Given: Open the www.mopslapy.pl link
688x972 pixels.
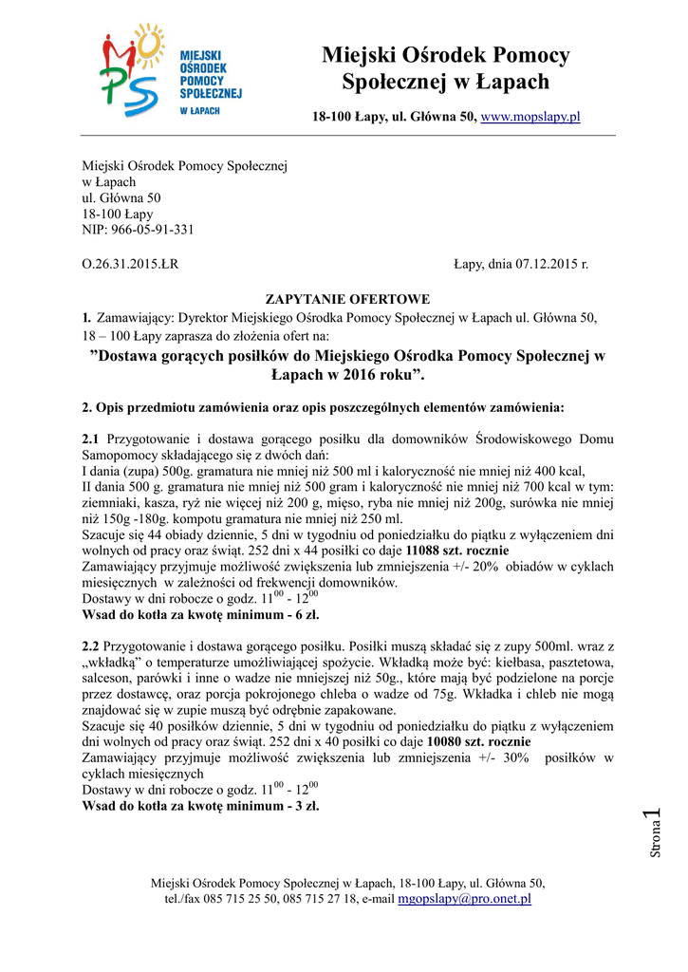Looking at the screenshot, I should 530,117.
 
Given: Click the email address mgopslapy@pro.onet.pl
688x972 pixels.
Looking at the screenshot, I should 464,898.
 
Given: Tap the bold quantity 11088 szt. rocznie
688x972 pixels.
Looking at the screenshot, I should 457,550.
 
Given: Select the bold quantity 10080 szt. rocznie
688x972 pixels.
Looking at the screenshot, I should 479,740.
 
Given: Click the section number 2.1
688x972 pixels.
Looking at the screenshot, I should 92,440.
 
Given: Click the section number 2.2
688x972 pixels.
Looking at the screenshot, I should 92,645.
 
